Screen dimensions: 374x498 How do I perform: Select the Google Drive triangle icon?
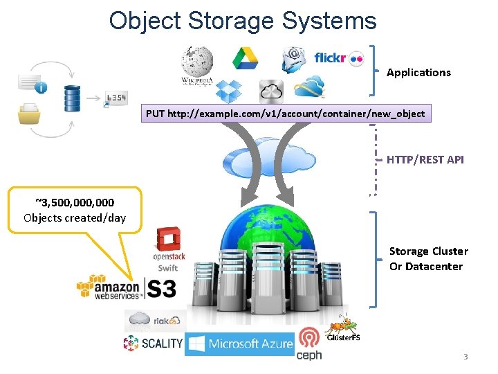click(x=244, y=59)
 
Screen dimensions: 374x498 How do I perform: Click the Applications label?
click(x=418, y=72)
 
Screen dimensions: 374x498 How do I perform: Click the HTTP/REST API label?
click(x=425, y=159)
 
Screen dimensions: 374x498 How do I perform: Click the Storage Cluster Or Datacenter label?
click(x=428, y=258)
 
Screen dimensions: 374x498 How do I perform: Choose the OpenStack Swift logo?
click(x=167, y=249)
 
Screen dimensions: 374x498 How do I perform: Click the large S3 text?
click(x=161, y=288)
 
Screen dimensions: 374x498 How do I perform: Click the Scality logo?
click(x=153, y=343)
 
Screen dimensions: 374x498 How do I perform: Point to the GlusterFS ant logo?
click(x=342, y=328)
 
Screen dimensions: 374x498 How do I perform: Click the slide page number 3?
click(x=465, y=357)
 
